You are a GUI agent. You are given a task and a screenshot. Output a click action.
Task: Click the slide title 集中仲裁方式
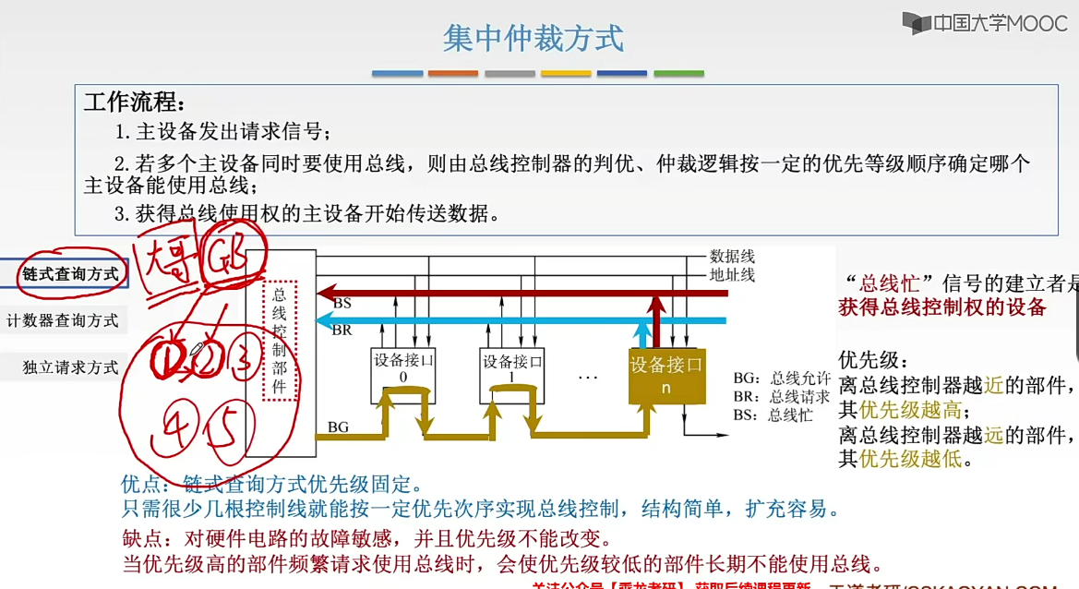click(534, 39)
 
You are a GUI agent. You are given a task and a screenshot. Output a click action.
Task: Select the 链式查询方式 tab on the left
click(70, 273)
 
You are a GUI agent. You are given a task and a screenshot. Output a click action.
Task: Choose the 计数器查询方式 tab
click(63, 320)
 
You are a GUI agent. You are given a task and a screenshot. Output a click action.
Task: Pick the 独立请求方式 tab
click(71, 367)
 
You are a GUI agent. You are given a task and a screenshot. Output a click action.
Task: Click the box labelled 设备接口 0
click(402, 368)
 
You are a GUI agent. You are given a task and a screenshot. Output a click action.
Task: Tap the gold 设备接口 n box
click(666, 374)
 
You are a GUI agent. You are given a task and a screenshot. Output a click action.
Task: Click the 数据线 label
click(732, 256)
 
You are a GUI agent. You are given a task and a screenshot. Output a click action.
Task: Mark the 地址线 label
click(732, 274)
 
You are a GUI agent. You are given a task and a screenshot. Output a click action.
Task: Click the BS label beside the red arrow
click(342, 303)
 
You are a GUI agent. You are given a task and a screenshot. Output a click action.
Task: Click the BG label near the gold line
click(338, 427)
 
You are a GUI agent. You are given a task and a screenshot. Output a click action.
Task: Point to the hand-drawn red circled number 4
click(175, 427)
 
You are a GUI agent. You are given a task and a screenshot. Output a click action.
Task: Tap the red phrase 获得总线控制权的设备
click(942, 307)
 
